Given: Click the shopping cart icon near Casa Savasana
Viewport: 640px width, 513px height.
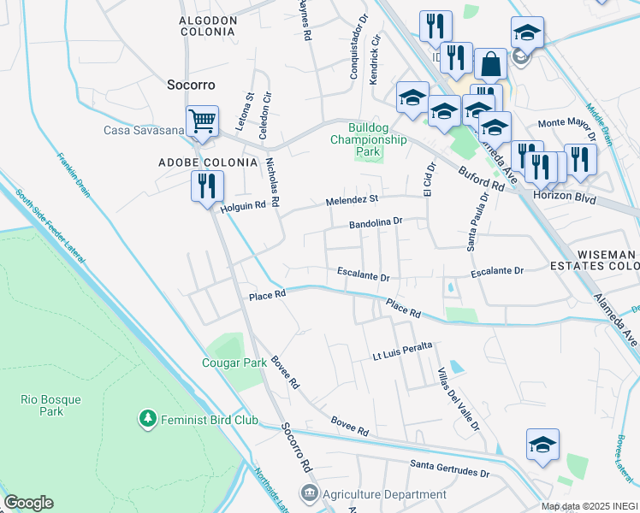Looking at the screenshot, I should (202, 121).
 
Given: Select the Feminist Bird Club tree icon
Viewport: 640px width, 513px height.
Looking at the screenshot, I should (148, 419).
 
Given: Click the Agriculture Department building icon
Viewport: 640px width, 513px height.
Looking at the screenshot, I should (309, 494).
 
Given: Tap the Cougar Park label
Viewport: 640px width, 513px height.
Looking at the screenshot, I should (234, 363).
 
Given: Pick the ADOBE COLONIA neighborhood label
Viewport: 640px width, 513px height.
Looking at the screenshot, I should (208, 162).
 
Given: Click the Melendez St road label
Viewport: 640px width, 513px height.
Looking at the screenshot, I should (351, 200).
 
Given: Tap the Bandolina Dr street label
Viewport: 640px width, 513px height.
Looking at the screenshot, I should (375, 223).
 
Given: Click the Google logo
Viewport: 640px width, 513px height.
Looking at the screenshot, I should (28, 503).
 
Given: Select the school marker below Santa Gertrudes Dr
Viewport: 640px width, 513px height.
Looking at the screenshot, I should (542, 445).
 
